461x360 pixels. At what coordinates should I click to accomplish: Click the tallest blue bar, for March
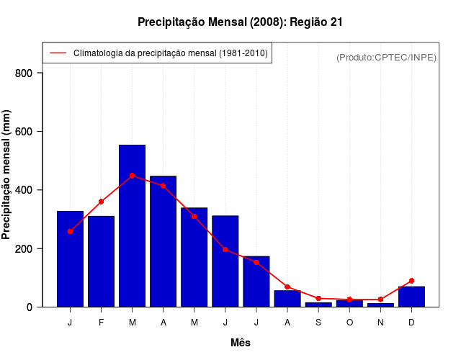[132, 226]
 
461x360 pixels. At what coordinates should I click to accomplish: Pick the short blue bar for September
[318, 305]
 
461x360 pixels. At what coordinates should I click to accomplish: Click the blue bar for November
[380, 305]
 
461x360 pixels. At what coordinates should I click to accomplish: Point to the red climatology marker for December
[411, 281]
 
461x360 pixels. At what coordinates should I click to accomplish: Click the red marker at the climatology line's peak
[132, 176]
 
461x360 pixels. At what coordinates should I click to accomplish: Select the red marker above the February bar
[101, 202]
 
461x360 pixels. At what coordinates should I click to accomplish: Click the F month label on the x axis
[101, 323]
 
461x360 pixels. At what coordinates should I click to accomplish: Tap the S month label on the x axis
[318, 323]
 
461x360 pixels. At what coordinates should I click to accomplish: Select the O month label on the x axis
[349, 323]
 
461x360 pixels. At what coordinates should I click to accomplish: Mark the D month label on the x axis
[411, 323]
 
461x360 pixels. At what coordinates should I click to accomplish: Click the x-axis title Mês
[241, 343]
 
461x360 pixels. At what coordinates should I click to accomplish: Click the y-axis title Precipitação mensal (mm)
[7, 175]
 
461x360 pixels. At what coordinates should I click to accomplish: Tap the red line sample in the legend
[57, 53]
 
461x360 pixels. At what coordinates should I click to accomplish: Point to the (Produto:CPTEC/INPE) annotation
[386, 57]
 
